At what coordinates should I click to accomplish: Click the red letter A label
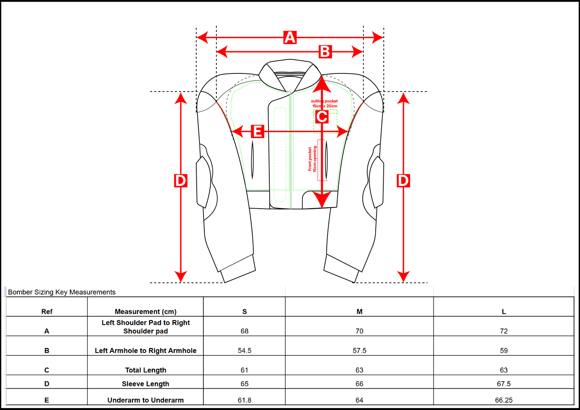(x=290, y=37)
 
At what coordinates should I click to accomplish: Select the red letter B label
(x=325, y=52)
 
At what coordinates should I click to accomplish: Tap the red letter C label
(x=322, y=117)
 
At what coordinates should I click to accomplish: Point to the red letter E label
(x=257, y=131)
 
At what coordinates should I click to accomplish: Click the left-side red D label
(x=181, y=181)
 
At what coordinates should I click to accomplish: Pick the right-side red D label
(x=403, y=181)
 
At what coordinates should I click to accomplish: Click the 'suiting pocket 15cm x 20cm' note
(x=324, y=104)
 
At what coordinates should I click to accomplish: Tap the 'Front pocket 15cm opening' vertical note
(x=312, y=159)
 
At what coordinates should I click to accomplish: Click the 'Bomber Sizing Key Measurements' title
(x=62, y=292)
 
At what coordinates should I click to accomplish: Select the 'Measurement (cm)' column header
(x=145, y=312)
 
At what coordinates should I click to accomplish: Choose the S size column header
(x=244, y=312)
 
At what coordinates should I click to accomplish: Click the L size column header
(x=504, y=312)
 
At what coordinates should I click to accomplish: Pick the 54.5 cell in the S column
(x=244, y=351)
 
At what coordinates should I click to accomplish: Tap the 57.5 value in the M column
(x=359, y=351)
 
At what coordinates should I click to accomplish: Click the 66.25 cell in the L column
(x=504, y=400)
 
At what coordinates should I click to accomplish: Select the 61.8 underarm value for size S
(x=244, y=400)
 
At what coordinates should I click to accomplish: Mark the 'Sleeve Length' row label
(x=145, y=384)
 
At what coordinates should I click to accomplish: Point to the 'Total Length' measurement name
(x=145, y=370)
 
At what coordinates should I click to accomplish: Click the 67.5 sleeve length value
(x=504, y=384)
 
